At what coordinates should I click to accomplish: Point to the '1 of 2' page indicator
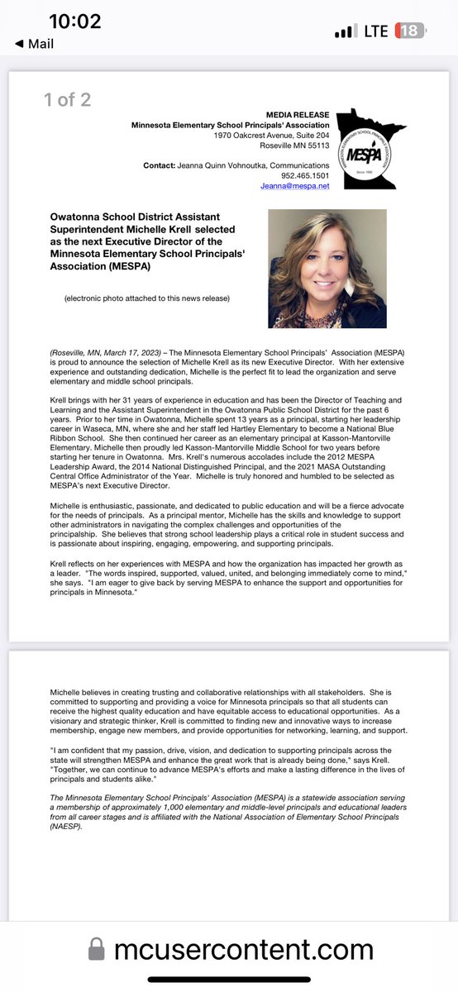67,100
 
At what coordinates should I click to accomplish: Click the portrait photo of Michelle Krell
327,269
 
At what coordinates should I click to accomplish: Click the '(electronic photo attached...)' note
147,298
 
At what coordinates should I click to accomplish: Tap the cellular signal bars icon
342,32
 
